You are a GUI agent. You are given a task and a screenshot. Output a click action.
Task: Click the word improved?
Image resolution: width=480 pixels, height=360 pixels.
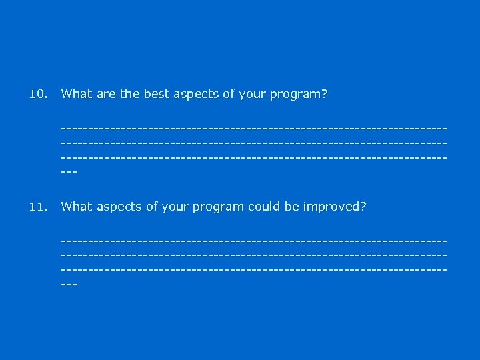(x=335, y=207)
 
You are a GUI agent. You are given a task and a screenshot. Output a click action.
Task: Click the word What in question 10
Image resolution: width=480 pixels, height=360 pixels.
(x=76, y=94)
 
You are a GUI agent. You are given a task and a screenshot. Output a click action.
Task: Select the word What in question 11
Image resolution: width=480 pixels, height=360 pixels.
(x=76, y=207)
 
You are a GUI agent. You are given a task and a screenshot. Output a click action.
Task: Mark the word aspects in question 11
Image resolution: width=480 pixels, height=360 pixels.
(x=119, y=207)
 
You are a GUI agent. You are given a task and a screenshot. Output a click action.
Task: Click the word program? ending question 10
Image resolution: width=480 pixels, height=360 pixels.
(x=298, y=95)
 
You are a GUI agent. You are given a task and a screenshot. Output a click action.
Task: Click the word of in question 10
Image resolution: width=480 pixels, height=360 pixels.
(x=228, y=94)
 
